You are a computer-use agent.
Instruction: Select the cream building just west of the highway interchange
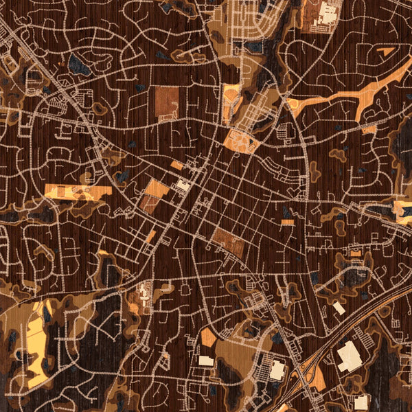coord(277,370)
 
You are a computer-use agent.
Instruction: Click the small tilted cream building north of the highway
coord(339,308)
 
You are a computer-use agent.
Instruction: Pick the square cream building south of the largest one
coord(361,402)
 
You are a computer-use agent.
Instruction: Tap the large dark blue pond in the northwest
coord(78,65)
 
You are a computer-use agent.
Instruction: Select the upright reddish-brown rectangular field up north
coord(166,101)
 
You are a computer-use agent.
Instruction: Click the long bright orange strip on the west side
coord(78,192)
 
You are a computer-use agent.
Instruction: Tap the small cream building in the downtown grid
coord(183,185)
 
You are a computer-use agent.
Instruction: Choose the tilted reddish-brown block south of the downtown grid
coord(227,242)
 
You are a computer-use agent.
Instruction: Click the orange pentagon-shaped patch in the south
coord(209,337)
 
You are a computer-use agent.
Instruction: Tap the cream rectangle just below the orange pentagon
coord(206,360)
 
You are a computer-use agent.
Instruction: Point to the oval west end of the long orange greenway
coord(296,104)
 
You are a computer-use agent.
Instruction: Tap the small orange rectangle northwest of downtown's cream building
coord(176,165)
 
